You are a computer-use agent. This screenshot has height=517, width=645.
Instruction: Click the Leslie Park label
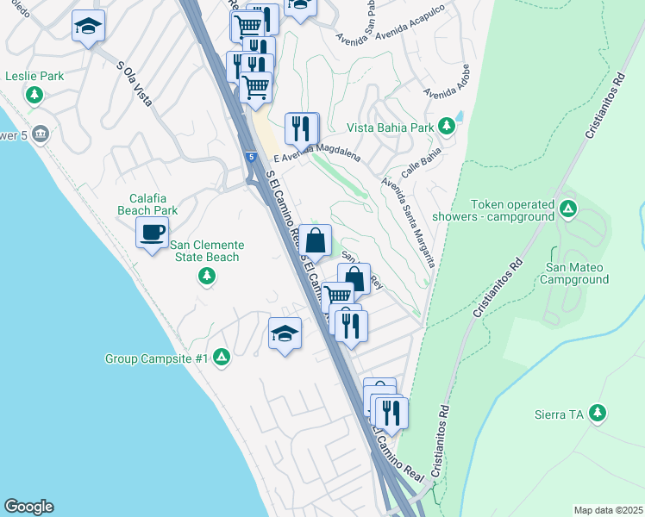pyautogui.click(x=34, y=76)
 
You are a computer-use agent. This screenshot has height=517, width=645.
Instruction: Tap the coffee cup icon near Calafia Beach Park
pyautogui.click(x=153, y=234)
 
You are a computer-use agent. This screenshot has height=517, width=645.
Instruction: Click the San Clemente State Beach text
pyautogui.click(x=206, y=251)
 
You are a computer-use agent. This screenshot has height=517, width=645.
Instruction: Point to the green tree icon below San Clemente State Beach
pyautogui.click(x=206, y=276)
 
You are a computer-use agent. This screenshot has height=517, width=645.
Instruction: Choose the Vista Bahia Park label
pyautogui.click(x=390, y=128)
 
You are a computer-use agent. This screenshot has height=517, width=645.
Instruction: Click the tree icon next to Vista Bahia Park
pyautogui.click(x=447, y=127)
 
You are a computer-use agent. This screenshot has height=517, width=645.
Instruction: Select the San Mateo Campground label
pyautogui.click(x=578, y=273)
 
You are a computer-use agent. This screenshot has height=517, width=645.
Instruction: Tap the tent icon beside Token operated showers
pyautogui.click(x=567, y=209)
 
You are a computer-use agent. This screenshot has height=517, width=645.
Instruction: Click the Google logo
pyautogui.click(x=28, y=507)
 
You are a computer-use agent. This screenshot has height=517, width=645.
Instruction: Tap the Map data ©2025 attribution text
pyautogui.click(x=608, y=510)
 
